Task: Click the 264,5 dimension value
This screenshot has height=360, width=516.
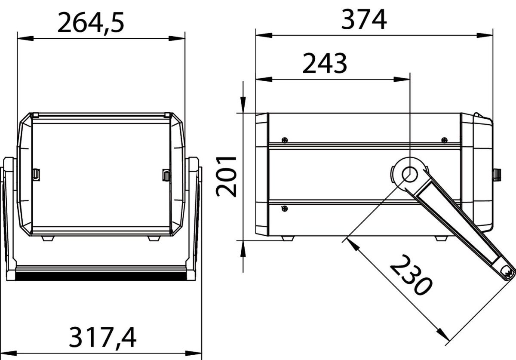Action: point(91,23)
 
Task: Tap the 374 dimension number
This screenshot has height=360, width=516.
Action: point(364,19)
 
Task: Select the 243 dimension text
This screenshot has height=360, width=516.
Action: point(325,63)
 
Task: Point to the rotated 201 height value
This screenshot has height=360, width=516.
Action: point(226,176)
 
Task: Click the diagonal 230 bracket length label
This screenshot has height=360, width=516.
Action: point(411,275)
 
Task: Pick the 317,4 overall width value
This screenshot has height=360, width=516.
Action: point(103,337)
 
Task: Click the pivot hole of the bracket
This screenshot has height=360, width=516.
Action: point(409,175)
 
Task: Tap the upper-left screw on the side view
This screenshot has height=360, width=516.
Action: point(285,140)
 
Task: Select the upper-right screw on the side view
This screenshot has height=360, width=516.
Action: point(444,140)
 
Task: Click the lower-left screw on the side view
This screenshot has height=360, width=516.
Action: point(285,209)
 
